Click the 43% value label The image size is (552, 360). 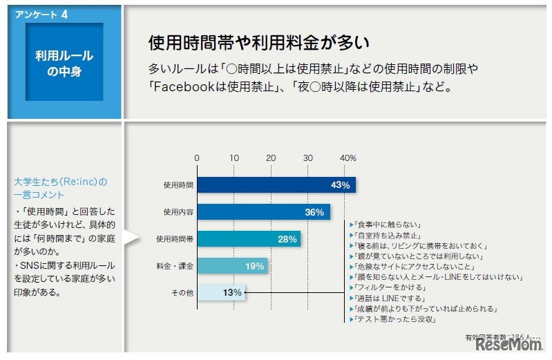coord(341,185)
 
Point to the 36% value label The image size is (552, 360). coord(314,212)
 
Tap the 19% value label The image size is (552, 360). coord(254,266)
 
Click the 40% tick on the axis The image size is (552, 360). coord(348,158)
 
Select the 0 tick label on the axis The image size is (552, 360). coord(197,158)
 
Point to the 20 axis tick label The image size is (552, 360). coord(272,158)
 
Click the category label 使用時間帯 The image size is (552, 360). coord(175,239)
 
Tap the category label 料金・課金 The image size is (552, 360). coord(175,266)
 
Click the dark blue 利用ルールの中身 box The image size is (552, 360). coord(64,64)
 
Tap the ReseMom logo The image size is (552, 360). coord(507,345)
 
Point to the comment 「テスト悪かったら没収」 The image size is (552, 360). coord(392,319)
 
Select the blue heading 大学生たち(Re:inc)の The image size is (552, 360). coord(61,182)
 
